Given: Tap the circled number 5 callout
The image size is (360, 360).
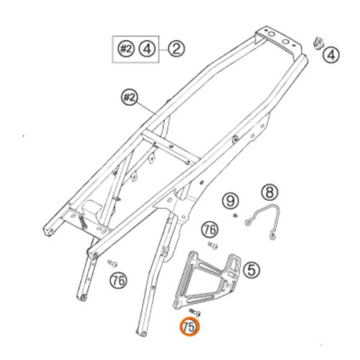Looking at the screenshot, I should [251, 270].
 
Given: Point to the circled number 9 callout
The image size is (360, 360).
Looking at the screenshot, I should [230, 199].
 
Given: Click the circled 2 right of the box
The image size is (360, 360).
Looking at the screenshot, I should [177, 49].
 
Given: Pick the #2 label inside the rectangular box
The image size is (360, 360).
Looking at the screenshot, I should [127, 49].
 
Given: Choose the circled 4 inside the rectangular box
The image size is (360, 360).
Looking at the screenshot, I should [147, 49].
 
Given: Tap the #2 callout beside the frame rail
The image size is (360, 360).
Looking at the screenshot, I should [130, 97].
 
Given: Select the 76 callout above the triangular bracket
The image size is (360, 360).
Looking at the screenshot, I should [210, 229].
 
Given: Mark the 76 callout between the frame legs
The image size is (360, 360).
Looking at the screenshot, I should [117, 278].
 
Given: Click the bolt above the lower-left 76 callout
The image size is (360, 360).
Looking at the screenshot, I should [112, 262].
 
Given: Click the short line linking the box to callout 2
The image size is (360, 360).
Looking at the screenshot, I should [163, 49].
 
